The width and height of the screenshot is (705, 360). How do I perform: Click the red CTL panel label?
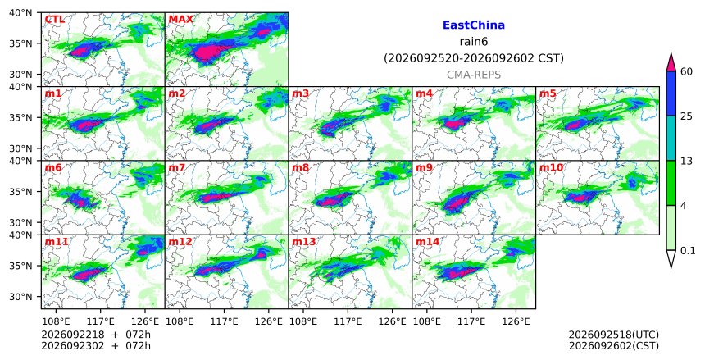[54, 20]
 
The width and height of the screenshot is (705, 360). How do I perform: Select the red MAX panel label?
[180, 20]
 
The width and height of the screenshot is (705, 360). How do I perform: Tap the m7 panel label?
[176, 168]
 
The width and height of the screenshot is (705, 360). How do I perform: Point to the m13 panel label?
[304, 242]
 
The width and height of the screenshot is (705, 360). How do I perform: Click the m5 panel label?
[548, 93]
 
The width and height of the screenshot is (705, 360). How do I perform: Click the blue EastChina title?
[474, 25]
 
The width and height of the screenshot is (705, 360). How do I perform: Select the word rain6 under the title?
[474, 42]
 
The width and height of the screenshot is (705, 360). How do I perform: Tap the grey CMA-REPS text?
[474, 75]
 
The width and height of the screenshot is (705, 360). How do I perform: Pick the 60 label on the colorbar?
[686, 71]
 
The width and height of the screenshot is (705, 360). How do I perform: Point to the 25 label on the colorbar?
[686, 116]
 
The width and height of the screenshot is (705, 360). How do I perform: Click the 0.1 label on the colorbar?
[688, 251]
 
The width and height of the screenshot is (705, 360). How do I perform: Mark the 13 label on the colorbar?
[686, 161]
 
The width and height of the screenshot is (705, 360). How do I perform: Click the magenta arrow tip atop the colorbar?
[671, 53]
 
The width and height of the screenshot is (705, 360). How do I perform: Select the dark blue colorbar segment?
[671, 93]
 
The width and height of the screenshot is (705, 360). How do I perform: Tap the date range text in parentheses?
[474, 58]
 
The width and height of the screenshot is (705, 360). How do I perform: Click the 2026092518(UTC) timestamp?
[614, 335]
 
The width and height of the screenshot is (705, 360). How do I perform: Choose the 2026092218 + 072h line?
[96, 335]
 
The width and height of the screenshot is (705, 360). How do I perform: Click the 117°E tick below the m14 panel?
[471, 321]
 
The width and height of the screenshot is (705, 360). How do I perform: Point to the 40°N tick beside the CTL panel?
[20, 12]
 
